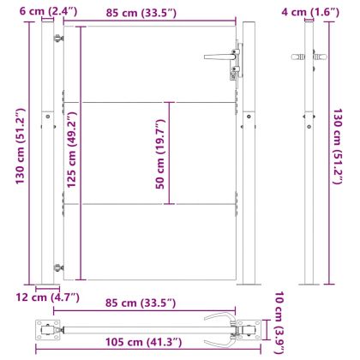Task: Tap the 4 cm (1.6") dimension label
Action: [317, 11]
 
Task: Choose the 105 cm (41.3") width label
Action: [145, 343]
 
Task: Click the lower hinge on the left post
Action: [58, 267]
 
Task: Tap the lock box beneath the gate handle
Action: [232, 71]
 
